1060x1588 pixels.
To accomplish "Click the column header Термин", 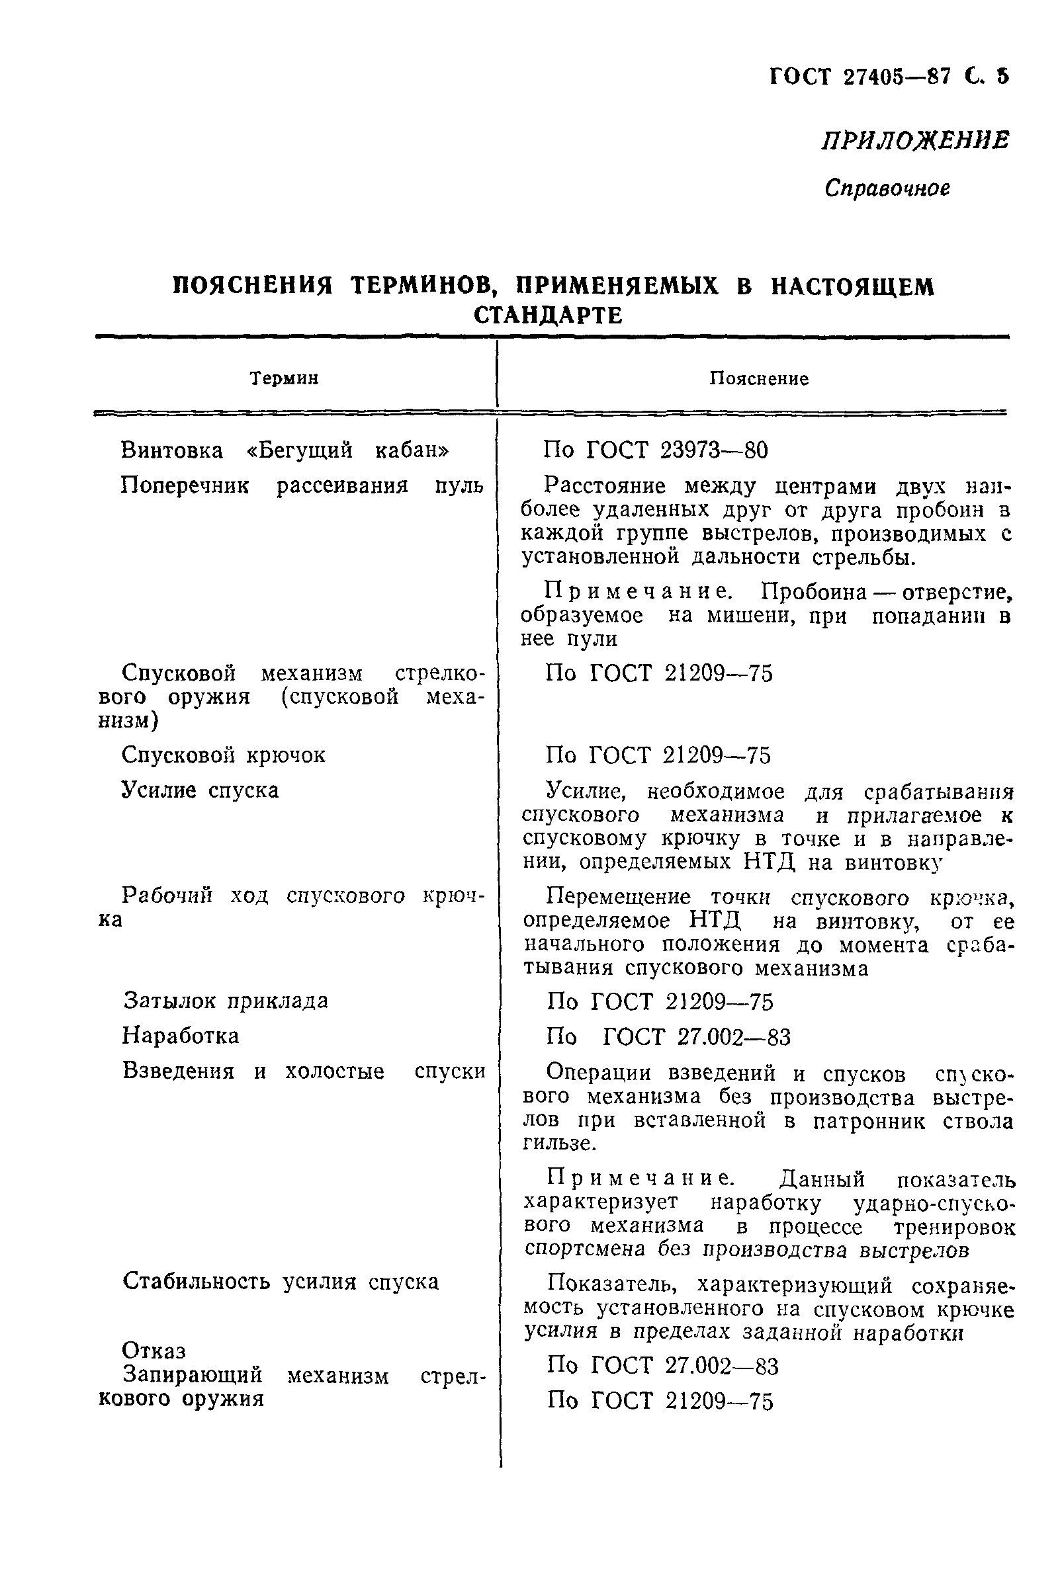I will click(284, 378).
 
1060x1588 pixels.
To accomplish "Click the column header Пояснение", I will click(758, 378).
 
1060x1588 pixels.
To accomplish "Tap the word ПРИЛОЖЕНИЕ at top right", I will click(916, 141).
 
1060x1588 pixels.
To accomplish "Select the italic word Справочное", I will click(887, 188).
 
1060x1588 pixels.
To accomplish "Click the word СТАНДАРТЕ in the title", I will click(549, 315).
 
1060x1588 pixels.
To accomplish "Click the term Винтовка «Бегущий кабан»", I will click(285, 450).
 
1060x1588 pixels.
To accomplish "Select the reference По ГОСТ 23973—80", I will click(656, 450).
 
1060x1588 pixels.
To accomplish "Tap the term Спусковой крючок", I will click(224, 755).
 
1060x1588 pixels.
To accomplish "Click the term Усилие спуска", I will click(200, 790).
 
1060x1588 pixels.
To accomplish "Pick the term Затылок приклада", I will click(226, 1000).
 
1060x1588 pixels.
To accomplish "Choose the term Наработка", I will click(181, 1035).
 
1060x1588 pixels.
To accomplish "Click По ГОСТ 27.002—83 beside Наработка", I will click(668, 1036).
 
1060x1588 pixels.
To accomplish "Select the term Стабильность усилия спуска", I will click(281, 1281).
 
